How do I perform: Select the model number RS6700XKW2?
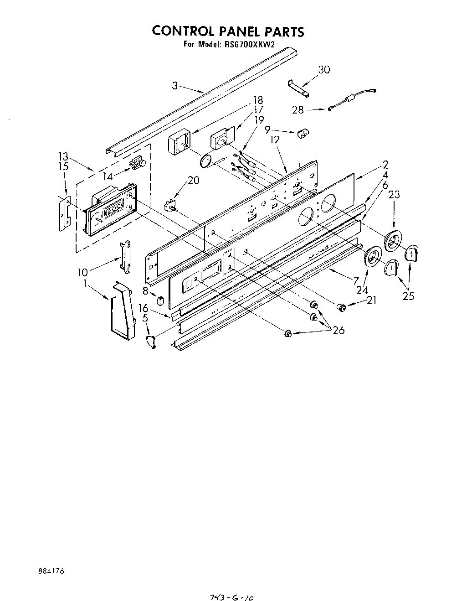(250, 44)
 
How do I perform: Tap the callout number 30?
(324, 70)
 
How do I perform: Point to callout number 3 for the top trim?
(175, 85)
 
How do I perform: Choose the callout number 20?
(193, 181)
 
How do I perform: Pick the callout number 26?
(339, 331)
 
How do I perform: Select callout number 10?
(82, 272)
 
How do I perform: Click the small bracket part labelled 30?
(299, 88)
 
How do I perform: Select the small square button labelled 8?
(160, 301)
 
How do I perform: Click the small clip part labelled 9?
(303, 133)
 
